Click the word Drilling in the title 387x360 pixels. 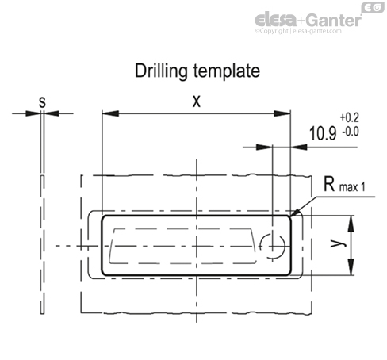click(161, 71)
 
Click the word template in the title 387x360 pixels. click(227, 71)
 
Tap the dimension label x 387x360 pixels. click(197, 101)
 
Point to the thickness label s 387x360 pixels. click(42, 102)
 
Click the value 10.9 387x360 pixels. click(323, 133)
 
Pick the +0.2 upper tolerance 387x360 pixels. click(350, 117)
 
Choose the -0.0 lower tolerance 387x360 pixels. click(351, 132)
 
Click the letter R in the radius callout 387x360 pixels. click(329, 184)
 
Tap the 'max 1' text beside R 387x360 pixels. click(352, 187)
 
